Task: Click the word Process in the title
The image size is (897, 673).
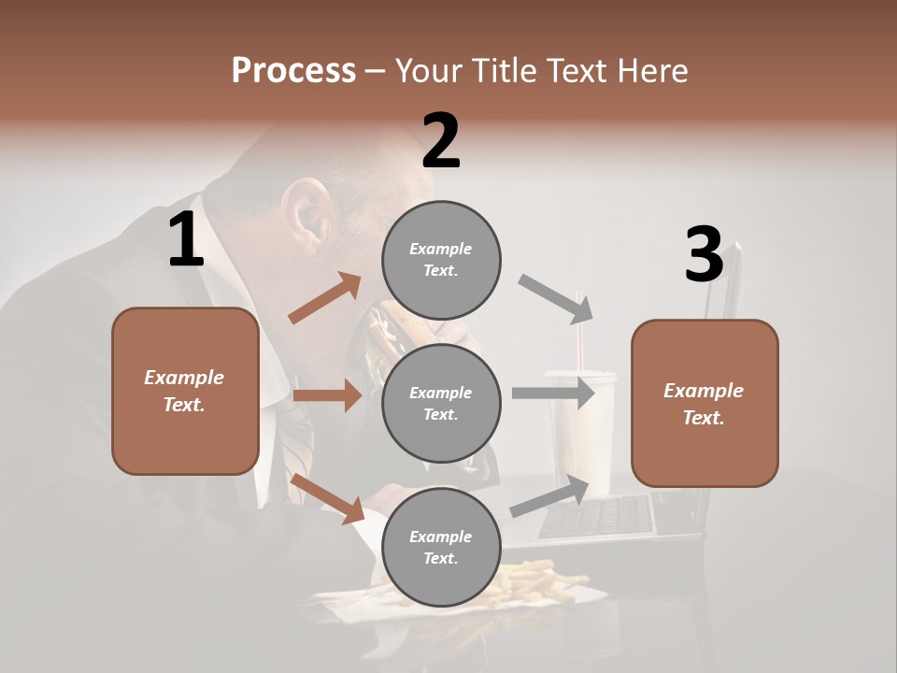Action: click(x=293, y=70)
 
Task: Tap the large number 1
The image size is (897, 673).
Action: click(x=186, y=240)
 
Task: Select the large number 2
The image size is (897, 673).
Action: click(x=441, y=141)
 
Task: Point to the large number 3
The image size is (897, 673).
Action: click(x=704, y=255)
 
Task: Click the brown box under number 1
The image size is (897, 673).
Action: click(x=185, y=391)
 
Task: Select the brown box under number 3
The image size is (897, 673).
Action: click(x=705, y=403)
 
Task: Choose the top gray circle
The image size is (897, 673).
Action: click(x=441, y=260)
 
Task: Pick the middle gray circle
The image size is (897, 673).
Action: click(x=441, y=403)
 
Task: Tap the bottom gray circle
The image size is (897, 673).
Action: click(x=441, y=547)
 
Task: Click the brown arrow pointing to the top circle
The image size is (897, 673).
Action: click(x=325, y=298)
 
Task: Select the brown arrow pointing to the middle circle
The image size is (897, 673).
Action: click(x=327, y=395)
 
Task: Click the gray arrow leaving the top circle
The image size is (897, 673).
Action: click(x=557, y=299)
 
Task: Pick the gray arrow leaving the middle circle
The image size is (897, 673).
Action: click(x=553, y=393)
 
